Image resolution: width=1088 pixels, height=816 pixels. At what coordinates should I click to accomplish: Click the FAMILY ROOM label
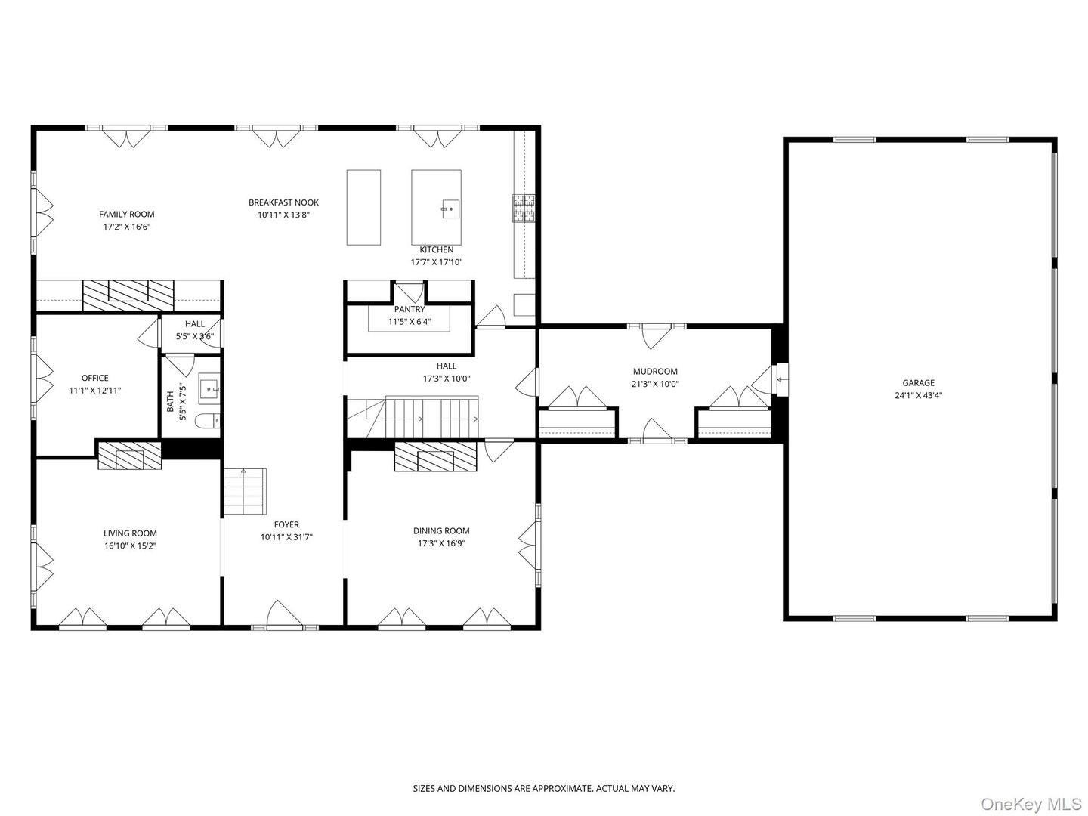(126, 215)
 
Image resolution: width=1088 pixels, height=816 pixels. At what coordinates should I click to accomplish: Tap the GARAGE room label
(918, 383)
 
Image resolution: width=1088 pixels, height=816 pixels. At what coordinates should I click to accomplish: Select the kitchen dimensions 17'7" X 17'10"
(436, 262)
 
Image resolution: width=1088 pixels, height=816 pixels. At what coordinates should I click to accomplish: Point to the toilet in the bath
(206, 420)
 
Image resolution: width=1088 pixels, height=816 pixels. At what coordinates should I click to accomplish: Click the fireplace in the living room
(129, 456)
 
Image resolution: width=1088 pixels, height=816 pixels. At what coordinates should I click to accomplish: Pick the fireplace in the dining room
(435, 457)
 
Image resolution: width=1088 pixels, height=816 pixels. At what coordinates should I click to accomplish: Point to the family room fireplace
(128, 293)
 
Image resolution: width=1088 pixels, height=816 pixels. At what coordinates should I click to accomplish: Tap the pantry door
(409, 292)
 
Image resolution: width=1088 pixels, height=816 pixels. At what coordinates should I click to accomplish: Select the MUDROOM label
(655, 372)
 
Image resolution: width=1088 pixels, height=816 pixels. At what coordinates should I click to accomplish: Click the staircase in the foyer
(245, 492)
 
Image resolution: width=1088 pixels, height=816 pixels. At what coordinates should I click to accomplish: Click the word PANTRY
(410, 309)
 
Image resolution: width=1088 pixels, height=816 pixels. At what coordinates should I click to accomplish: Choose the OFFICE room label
(95, 378)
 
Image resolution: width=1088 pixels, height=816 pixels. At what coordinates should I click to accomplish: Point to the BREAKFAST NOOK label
(283, 202)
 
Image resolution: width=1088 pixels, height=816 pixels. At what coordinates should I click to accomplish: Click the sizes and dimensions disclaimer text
(543, 788)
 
